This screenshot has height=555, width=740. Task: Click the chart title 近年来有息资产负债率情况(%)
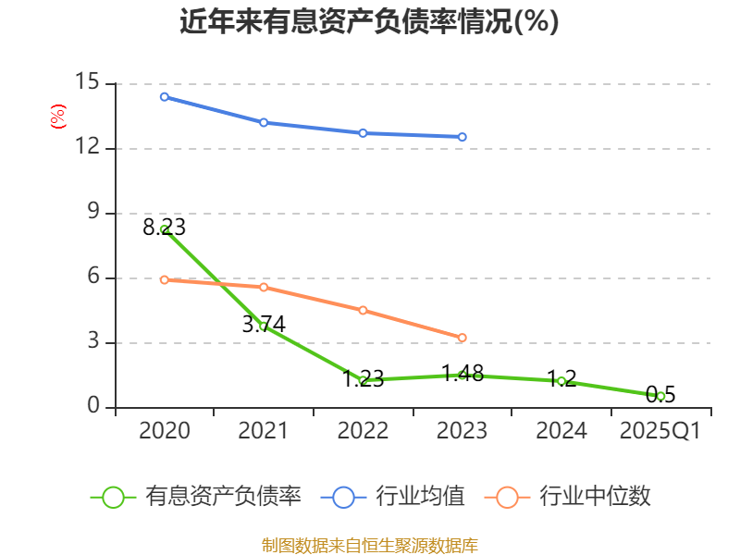[369, 21]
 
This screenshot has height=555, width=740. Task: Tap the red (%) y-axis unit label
[57, 117]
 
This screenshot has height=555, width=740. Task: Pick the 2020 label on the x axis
[165, 431]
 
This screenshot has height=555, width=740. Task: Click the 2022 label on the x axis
[363, 431]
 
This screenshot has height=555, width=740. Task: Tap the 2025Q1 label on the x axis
[660, 431]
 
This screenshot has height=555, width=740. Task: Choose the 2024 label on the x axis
[561, 431]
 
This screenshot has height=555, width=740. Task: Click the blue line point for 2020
[165, 96]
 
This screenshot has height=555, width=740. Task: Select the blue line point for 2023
[462, 137]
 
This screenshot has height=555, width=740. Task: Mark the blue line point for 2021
[264, 122]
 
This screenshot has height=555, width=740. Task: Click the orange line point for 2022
[363, 310]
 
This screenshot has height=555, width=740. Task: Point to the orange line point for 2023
[462, 338]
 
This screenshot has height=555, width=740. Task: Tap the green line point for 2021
[264, 326]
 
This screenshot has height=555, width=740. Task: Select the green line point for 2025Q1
[660, 396]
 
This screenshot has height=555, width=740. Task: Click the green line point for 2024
[561, 381]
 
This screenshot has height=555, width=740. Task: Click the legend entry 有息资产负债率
[196, 497]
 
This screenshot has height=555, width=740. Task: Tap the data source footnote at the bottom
[369, 545]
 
